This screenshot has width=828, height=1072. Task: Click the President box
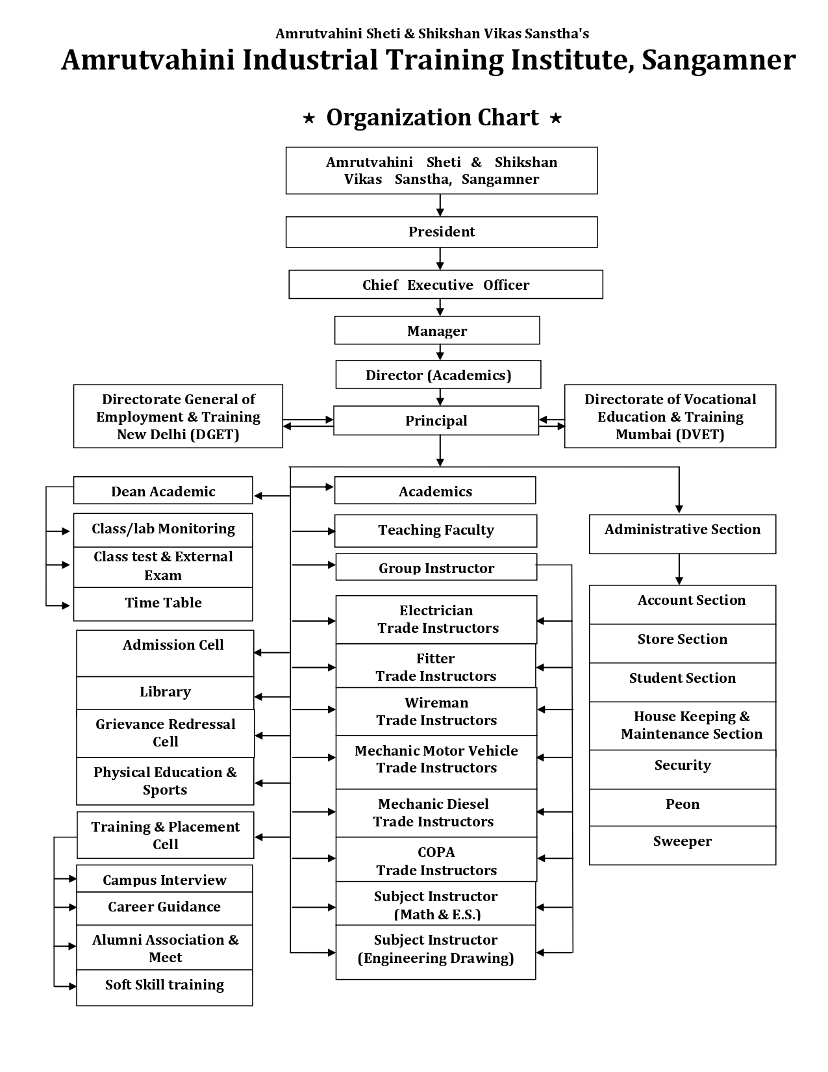(x=442, y=232)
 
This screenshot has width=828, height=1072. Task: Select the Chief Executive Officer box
(x=445, y=284)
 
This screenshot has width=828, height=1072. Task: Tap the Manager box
(x=437, y=330)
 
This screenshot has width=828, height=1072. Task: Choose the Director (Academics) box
(x=438, y=374)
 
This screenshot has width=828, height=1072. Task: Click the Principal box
(x=436, y=420)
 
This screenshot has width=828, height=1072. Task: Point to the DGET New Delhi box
(x=178, y=416)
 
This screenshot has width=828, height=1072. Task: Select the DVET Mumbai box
(x=670, y=416)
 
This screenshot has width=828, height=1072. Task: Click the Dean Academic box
(x=163, y=491)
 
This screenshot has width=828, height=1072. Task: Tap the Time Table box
(x=163, y=604)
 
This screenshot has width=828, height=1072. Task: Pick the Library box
(x=165, y=693)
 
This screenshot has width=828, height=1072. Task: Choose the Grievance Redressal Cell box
(x=165, y=733)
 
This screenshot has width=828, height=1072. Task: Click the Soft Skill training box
(x=165, y=988)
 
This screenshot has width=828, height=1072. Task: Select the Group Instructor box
(x=436, y=567)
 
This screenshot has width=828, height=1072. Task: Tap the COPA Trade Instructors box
(x=436, y=860)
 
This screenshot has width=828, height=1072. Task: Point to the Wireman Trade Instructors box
(x=436, y=711)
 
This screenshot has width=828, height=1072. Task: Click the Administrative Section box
(x=683, y=534)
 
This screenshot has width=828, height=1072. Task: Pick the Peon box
(x=683, y=807)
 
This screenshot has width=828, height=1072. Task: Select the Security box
(x=683, y=770)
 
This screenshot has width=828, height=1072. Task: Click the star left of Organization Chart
(x=308, y=118)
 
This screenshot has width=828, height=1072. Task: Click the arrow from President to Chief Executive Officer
(x=440, y=259)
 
